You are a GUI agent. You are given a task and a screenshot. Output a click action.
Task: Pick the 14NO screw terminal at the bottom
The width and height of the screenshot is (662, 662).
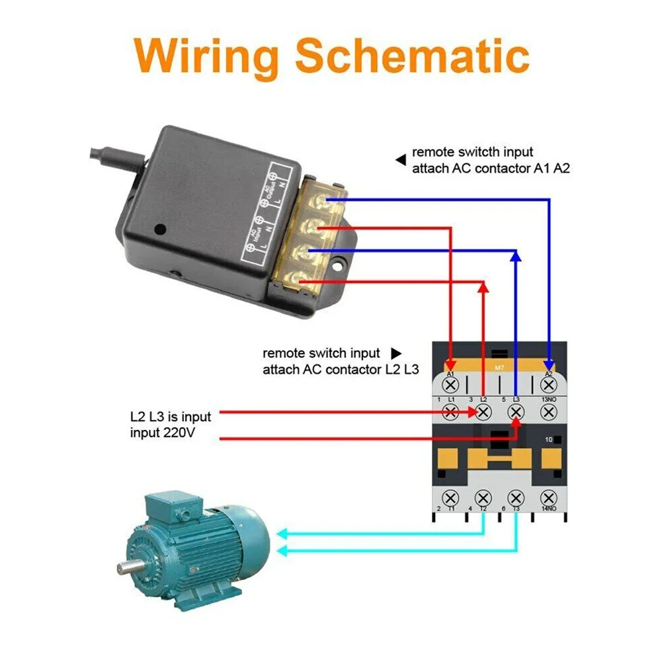pos(548,496)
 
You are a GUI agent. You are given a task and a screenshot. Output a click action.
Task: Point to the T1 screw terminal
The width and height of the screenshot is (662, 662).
pos(451,496)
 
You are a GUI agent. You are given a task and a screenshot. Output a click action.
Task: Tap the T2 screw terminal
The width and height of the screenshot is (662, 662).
pos(483,496)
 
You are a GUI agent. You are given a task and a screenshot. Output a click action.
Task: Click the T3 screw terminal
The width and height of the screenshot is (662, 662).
pos(516,496)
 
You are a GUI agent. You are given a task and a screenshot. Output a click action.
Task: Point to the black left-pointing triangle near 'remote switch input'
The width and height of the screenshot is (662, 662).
pos(400,159)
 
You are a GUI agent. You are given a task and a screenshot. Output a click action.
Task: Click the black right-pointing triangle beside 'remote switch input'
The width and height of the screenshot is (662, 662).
pos(395,354)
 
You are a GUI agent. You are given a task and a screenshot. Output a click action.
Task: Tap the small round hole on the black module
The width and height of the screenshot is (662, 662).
pos(159,230)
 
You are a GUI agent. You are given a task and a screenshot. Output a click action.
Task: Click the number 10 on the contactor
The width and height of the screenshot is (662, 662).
pos(548,440)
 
